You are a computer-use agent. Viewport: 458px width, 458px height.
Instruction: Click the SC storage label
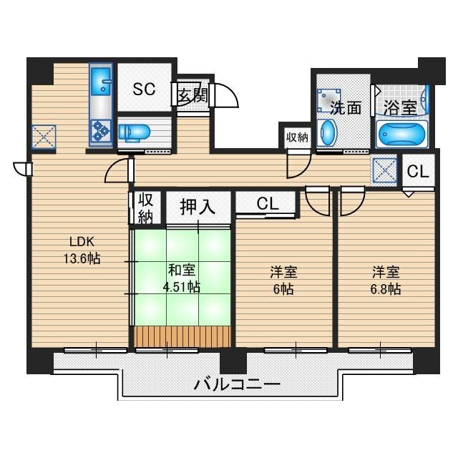click(144, 89)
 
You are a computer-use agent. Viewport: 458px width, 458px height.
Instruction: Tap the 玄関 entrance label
click(191, 94)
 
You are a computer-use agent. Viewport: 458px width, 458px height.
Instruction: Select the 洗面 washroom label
click(345, 108)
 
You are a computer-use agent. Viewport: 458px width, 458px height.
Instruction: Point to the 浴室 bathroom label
click(399, 108)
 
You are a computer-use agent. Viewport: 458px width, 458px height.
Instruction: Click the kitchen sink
click(100, 82)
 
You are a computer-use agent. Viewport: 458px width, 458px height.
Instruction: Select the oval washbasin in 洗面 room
click(328, 133)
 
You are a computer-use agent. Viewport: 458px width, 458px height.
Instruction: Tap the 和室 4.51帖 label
click(183, 278)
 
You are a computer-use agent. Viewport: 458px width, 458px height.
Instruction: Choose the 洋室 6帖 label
click(283, 280)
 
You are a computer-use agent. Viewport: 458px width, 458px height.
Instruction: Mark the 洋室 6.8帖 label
click(385, 280)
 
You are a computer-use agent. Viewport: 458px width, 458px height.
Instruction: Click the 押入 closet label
click(197, 208)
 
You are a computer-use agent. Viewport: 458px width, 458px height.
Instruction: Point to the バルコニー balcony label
click(237, 384)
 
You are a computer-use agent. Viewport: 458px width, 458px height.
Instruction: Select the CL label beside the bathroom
click(419, 172)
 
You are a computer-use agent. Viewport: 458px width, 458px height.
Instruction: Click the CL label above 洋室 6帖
click(267, 204)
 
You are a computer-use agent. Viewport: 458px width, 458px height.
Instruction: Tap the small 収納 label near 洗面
click(297, 137)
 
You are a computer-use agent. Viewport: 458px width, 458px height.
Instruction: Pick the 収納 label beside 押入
click(145, 207)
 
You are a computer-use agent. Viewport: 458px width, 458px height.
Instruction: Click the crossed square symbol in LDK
click(43, 137)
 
